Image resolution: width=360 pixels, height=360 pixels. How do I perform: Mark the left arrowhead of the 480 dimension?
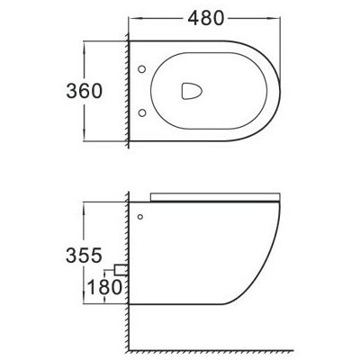click(133, 18)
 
